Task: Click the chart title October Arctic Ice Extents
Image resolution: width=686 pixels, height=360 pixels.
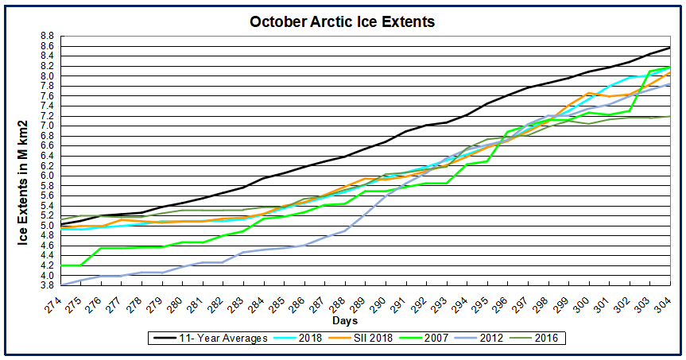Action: point(343,22)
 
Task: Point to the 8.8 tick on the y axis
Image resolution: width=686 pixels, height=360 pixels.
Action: point(46,37)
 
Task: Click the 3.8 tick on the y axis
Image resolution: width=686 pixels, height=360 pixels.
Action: point(46,285)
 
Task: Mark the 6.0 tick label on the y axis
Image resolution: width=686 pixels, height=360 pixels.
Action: point(46,176)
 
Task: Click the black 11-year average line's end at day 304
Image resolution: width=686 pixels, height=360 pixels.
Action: point(669,48)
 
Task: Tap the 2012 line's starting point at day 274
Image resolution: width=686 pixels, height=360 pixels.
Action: point(60,285)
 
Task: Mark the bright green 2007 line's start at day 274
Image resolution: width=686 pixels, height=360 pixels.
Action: point(60,265)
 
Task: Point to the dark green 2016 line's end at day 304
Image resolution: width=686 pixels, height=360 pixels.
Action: point(669,116)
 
